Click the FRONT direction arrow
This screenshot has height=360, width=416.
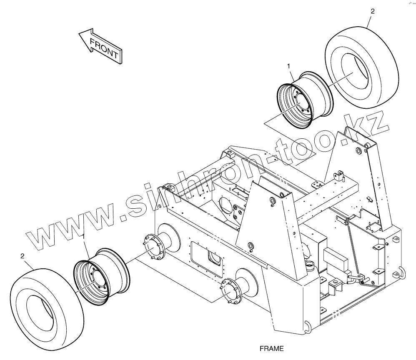click(x=100, y=46)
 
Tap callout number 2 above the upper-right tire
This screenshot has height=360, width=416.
click(x=372, y=11)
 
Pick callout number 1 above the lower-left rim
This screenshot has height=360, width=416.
click(x=84, y=237)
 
